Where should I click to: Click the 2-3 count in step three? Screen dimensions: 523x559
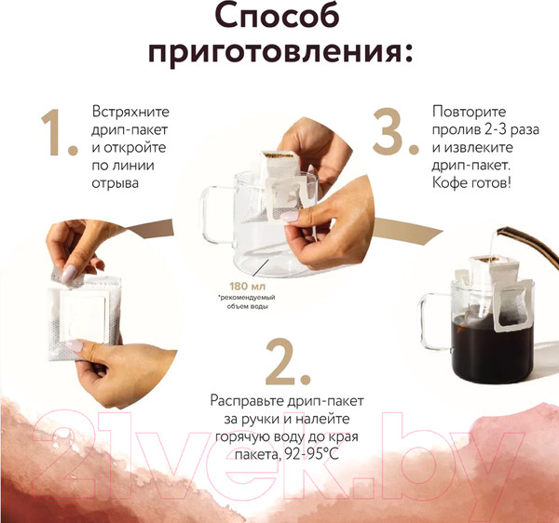[509, 134]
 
